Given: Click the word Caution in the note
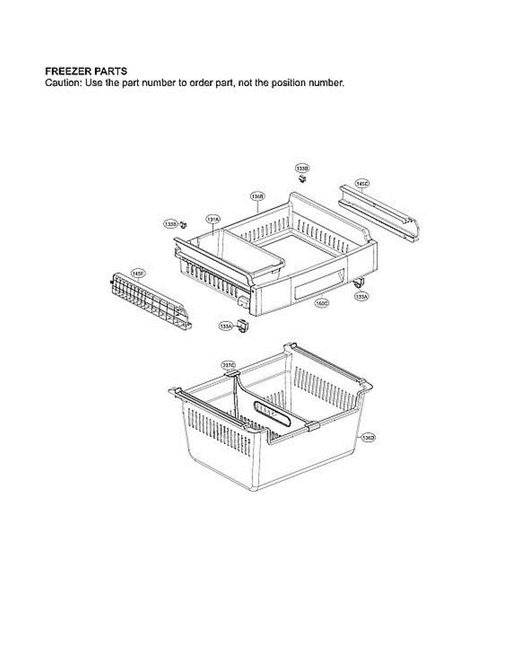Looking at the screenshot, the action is point(59,83).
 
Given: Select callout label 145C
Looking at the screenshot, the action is point(362,184).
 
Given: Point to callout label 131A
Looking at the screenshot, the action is point(213,219).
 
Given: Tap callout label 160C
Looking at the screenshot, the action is point(321,302).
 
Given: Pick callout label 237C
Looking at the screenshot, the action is point(228,365).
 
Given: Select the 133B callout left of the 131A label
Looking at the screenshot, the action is point(170,224).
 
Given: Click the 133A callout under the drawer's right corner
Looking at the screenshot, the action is point(361,296).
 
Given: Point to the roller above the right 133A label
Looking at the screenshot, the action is point(358,283).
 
